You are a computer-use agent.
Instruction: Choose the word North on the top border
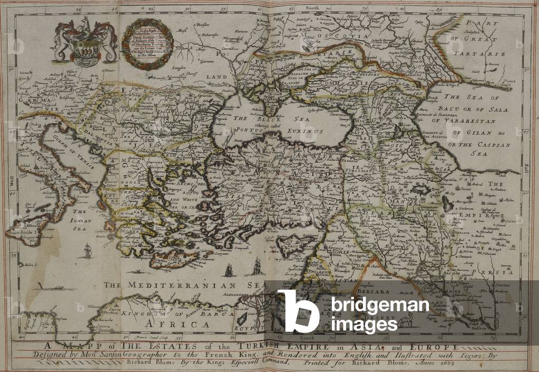(313, 8)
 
